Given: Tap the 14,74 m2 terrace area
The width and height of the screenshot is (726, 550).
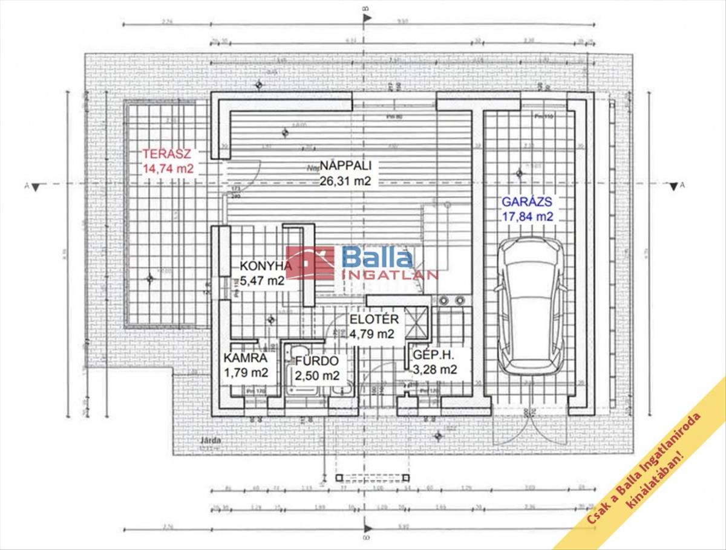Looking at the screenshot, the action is (x=168, y=169).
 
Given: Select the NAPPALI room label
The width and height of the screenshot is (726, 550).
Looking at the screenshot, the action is (x=345, y=165).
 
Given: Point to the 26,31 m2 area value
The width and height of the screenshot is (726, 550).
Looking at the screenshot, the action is (x=345, y=180).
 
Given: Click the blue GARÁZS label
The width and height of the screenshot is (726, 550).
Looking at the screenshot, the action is (x=526, y=202).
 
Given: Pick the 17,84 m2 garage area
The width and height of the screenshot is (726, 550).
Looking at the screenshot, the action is (x=527, y=216).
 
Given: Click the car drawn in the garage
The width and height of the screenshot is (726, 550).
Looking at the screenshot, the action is (x=532, y=305).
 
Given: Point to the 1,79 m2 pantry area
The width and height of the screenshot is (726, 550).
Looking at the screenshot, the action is (x=246, y=372).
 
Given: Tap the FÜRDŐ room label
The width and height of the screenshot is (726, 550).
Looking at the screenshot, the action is (x=316, y=361).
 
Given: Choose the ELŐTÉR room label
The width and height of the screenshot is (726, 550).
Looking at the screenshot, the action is (x=374, y=320).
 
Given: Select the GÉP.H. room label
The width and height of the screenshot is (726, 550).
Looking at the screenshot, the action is (x=434, y=355).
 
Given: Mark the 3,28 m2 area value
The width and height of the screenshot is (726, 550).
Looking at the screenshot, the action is (x=434, y=369).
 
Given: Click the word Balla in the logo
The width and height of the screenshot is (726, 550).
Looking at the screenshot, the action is (x=378, y=258).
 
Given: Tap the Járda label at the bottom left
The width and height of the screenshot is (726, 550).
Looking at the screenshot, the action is (x=212, y=440).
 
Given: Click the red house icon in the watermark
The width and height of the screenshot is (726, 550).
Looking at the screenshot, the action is (x=310, y=263).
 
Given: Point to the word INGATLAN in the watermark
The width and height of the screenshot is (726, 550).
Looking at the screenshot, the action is (x=390, y=275).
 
